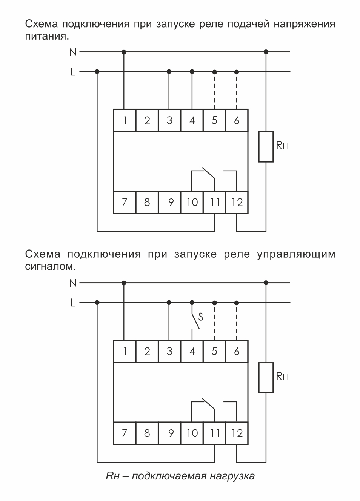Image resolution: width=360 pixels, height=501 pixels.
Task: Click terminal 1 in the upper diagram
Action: click(125, 120)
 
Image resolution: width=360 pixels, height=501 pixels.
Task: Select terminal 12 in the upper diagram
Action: click(237, 203)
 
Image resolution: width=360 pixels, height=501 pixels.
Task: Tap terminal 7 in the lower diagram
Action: click(125, 433)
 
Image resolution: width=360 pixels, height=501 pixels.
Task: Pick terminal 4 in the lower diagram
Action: click(192, 351)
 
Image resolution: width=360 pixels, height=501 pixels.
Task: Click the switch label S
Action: click(201, 317)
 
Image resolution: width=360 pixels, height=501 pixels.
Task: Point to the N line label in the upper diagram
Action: click(73, 52)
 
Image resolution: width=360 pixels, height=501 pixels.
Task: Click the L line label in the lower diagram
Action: click(73, 303)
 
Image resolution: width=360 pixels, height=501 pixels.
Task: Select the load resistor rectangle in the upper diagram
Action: click(266, 147)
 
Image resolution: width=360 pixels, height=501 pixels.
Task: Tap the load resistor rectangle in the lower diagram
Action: click(266, 378)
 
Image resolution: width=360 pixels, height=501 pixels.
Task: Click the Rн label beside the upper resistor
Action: click(282, 146)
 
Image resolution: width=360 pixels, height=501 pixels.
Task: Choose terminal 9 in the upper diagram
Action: click(170, 203)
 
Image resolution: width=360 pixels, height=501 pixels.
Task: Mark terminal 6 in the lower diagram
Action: click(237, 351)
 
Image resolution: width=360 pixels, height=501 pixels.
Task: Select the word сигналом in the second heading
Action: click(50, 266)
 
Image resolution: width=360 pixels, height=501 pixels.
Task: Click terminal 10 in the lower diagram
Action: click(192, 433)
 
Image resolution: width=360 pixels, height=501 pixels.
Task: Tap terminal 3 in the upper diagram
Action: click(169, 120)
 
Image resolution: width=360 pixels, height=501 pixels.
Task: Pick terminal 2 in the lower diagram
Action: click(147, 351)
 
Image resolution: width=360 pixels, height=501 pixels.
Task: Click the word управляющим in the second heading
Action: click(296, 254)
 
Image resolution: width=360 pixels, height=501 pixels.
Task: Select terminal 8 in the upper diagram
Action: click(147, 203)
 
